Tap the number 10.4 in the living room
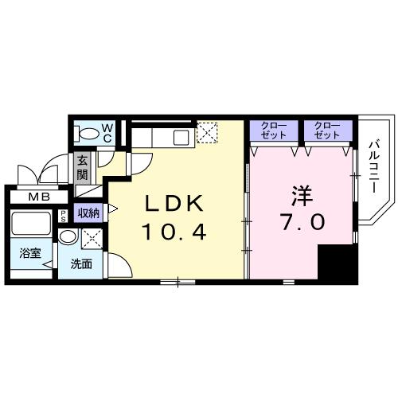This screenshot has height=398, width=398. (x=176, y=232)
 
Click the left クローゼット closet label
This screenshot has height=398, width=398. (x=273, y=130)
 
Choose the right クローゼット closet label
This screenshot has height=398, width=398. (x=326, y=130)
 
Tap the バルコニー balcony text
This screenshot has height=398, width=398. (x=374, y=169)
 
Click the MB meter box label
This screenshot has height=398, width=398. (x=37, y=197)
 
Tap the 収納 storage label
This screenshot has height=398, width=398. (x=88, y=213)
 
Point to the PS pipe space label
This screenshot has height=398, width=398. (x=63, y=217)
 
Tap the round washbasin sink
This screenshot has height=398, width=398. (x=69, y=236)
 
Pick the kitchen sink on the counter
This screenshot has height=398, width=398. (x=180, y=136)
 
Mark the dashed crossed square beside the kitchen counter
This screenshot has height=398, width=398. (x=209, y=133)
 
